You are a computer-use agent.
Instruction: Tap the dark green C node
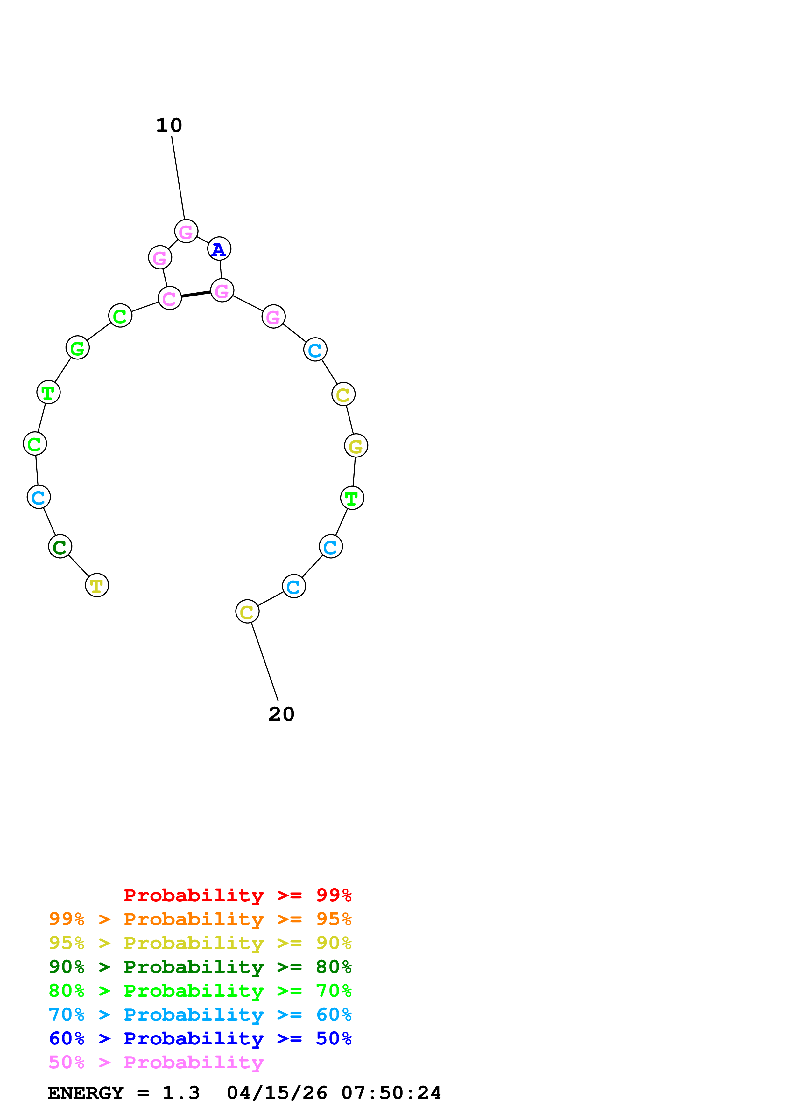coord(60,547)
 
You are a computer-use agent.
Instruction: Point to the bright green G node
coord(77,348)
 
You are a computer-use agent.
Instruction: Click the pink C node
coord(169,298)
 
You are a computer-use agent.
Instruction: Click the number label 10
coord(169,125)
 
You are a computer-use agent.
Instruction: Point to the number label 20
coord(281,714)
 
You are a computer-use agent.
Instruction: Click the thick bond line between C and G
coord(196,294)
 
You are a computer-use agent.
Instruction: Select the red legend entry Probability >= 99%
coord(237,895)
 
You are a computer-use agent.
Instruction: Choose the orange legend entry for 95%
coord(200,919)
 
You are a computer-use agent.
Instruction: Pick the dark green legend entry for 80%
coord(200,967)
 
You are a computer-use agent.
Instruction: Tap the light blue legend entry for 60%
coord(200,1015)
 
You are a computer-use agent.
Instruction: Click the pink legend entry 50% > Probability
coord(156,1062)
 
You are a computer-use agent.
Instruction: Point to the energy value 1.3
coord(181,1093)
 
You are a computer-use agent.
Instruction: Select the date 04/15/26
coord(277,1093)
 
